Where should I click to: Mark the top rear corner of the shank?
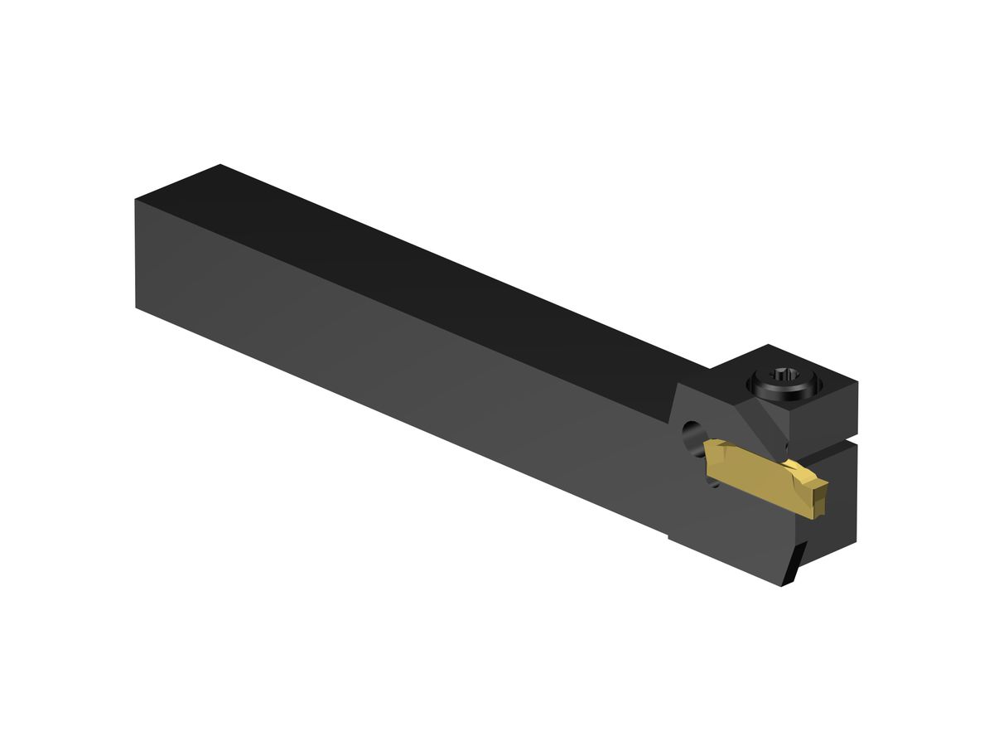click(x=219, y=165)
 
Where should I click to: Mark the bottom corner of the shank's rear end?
click(x=136, y=307)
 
